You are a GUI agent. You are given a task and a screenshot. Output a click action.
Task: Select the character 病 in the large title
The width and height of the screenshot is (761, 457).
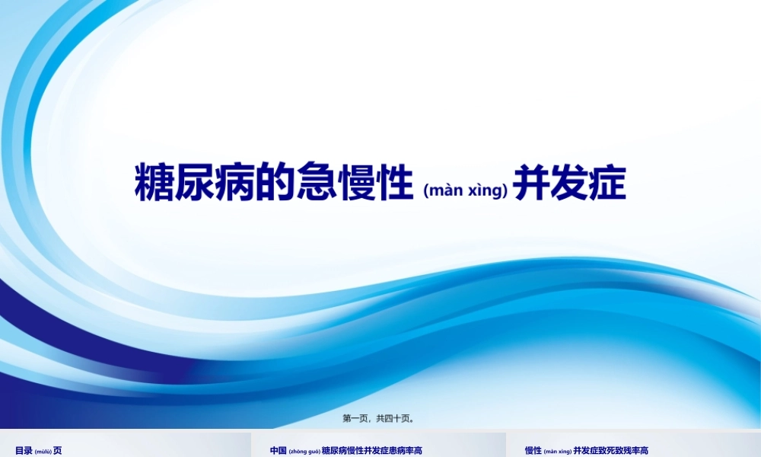tap(237, 182)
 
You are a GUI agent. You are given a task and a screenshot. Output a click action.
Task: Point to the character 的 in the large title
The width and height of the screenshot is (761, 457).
tap(277, 182)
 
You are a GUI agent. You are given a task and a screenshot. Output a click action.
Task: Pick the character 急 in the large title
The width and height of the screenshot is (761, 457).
tap(318, 182)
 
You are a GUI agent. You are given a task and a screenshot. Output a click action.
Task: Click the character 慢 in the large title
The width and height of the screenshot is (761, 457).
tap(358, 182)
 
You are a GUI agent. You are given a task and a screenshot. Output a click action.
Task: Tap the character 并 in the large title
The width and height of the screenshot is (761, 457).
tap(531, 182)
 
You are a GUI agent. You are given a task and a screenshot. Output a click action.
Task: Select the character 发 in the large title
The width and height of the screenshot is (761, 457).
tap(569, 182)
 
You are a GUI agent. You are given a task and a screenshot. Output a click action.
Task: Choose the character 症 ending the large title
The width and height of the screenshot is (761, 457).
tap(607, 182)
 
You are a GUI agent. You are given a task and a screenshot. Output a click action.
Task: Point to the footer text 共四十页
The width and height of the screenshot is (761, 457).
tap(396, 417)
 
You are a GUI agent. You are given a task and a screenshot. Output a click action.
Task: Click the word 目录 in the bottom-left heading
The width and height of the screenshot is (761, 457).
tap(24, 450)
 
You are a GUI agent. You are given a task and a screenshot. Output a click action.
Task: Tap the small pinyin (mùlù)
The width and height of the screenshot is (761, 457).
tap(43, 451)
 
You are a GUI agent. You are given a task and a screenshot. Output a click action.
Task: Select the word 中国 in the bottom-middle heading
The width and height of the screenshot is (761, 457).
tap(279, 450)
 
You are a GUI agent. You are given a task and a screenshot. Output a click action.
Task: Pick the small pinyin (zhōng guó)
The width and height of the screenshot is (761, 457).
tap(304, 451)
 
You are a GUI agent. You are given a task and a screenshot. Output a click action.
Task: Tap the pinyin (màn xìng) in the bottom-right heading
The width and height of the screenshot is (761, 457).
tap(558, 451)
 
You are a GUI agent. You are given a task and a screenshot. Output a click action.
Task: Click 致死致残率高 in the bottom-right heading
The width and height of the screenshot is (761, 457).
tap(625, 450)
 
